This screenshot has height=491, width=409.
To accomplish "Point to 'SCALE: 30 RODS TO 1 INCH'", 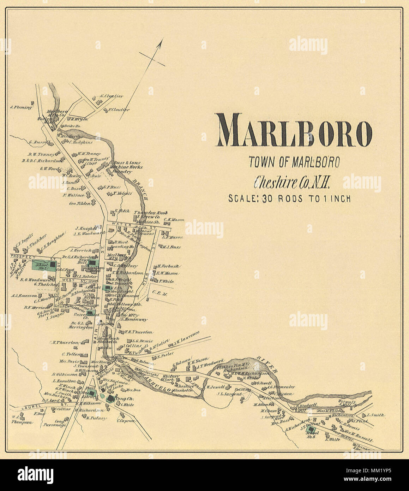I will pos(289,199).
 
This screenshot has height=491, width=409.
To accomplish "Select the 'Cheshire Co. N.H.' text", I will pos(292,182).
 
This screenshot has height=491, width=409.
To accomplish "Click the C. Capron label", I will pos(127,421).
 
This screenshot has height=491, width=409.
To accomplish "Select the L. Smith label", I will pos(376,415).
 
